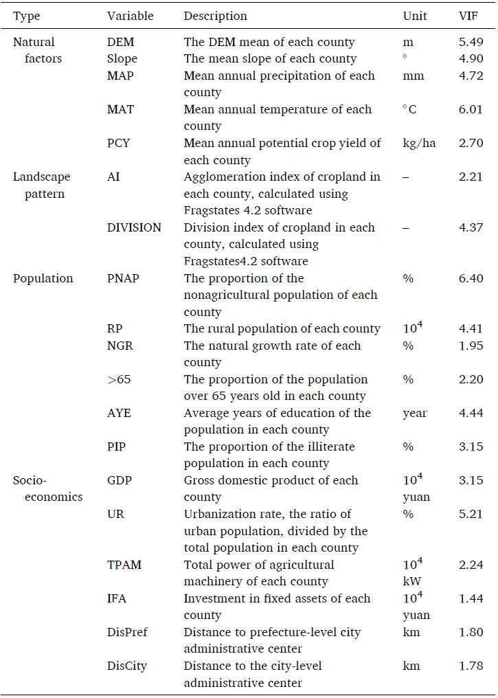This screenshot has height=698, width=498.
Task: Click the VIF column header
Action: click(x=468, y=16)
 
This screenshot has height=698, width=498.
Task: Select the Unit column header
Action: click(x=415, y=16)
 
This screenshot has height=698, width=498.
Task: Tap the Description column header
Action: click(x=216, y=16)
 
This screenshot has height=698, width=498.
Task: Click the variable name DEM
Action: click(x=121, y=42)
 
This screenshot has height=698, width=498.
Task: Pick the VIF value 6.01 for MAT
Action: click(x=471, y=109)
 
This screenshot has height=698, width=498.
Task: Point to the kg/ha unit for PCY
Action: click(x=419, y=144)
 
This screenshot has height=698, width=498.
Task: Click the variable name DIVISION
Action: click(x=134, y=227)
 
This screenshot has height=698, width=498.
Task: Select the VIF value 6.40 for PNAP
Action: click(x=471, y=278)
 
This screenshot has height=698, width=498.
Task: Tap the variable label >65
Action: click(x=120, y=379)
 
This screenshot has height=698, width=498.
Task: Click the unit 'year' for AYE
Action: click(x=415, y=414)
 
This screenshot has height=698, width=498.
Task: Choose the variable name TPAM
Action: click(x=124, y=565)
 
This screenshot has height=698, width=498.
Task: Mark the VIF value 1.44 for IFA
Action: click(x=471, y=599)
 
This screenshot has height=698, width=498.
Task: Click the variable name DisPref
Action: click(x=127, y=632)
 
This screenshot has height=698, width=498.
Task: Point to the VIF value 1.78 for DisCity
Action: click(x=471, y=666)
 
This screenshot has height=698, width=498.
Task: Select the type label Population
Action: click(x=43, y=279)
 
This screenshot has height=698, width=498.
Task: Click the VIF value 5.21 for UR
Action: click(x=471, y=514)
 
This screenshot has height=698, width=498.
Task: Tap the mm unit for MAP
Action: click(x=414, y=76)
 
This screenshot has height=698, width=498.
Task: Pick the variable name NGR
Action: click(x=120, y=346)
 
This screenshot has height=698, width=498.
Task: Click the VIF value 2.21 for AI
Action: click(x=471, y=177)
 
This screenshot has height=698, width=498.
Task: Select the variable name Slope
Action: click(x=122, y=59)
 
